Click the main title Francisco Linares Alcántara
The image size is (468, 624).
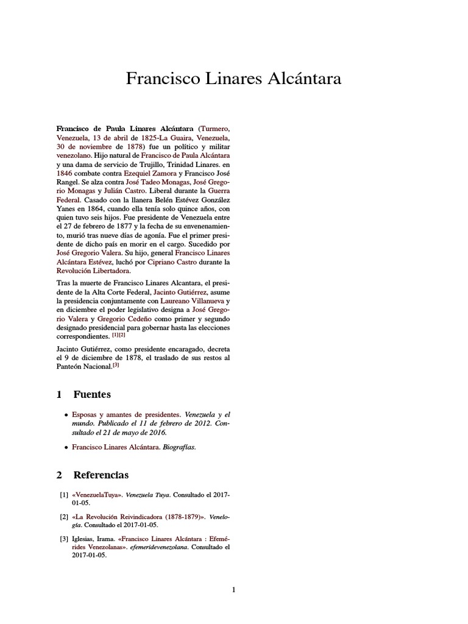click(233, 79)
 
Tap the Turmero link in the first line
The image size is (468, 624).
click(215, 129)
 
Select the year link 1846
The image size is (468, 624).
click(64, 174)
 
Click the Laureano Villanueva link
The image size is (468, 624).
click(193, 300)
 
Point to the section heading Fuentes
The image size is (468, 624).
click(92, 394)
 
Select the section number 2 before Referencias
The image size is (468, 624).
click(59, 475)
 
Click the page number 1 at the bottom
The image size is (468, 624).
click(233, 589)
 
